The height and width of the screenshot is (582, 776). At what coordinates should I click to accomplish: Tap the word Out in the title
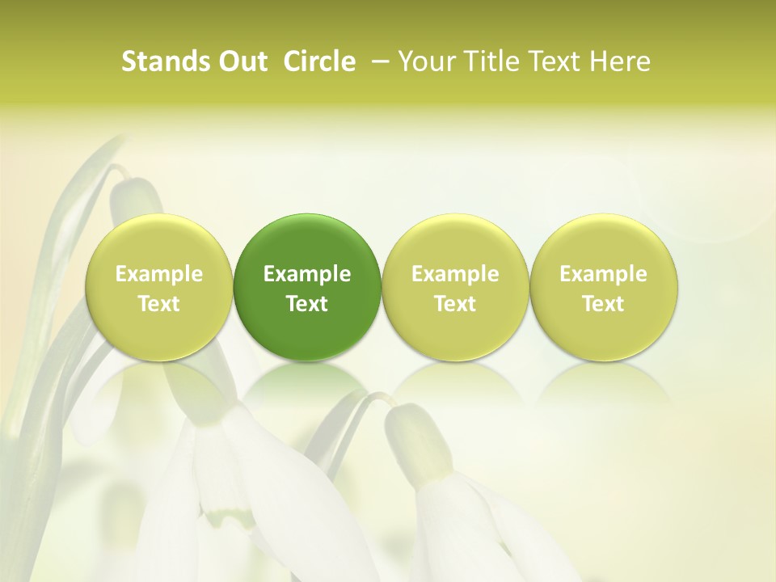[241, 62]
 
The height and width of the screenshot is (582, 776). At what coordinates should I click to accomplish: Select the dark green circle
[307, 287]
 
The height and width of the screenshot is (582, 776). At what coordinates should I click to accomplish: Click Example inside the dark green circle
[307, 274]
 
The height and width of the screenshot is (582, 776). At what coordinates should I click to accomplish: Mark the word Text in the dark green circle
[307, 304]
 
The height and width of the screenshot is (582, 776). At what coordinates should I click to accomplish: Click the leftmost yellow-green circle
[158, 287]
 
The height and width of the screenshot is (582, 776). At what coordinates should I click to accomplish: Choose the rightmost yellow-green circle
[604, 287]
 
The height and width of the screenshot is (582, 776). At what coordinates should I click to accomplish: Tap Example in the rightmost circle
[604, 274]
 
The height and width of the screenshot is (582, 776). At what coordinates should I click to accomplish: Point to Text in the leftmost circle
[158, 304]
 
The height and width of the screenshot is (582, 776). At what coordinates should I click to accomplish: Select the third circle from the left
[455, 287]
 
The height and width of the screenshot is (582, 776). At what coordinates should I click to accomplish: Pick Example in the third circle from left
[455, 274]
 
